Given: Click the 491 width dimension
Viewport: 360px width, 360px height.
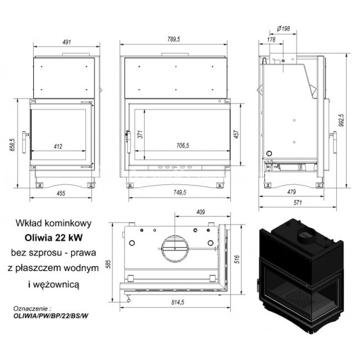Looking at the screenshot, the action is tap(66, 42).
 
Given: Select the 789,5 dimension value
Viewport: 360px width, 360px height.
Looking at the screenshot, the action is tap(174, 39).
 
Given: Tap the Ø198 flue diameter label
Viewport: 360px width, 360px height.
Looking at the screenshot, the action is tap(284, 28).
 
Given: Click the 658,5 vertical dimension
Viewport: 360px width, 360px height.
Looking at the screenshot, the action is tap(12, 145).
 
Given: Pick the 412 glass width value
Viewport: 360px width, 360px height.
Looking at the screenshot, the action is tap(58, 146).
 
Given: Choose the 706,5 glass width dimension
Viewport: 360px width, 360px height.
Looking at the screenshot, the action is tap(183, 146).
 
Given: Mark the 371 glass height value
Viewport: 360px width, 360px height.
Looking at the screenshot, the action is tap(140, 134).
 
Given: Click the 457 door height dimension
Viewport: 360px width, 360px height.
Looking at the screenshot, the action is tap(236, 134).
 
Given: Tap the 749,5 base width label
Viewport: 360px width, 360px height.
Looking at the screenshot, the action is tap(180, 192).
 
